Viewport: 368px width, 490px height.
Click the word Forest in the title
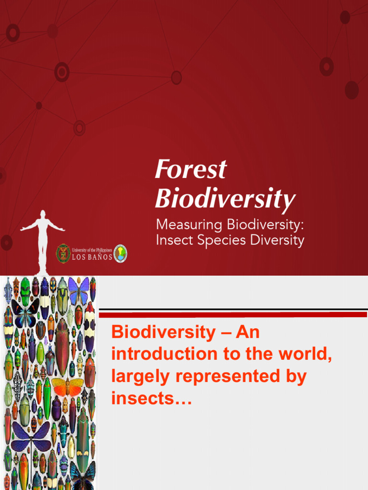click(190, 170)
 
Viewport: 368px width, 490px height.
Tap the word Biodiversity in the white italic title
click(225, 199)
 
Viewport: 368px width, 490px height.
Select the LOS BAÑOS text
click(92, 257)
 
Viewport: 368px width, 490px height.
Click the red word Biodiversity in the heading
click(163, 333)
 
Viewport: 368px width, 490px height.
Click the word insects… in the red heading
click(151, 398)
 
